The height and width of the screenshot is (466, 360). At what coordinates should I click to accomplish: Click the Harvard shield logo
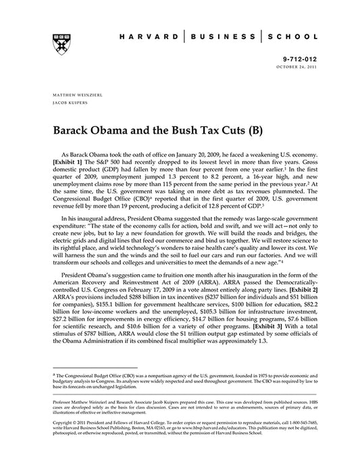tap(57, 41)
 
